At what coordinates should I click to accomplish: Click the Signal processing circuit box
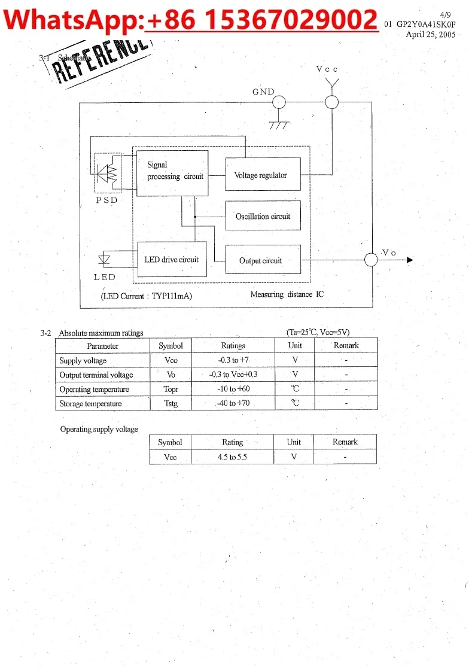point(172,173)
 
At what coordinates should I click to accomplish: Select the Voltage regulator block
point(263,174)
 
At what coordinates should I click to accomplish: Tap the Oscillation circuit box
point(263,215)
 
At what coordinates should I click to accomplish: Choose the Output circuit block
point(263,260)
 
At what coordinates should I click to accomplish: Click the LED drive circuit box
point(172,259)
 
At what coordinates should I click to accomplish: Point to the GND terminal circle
point(279,102)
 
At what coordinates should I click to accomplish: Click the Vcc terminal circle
point(332,102)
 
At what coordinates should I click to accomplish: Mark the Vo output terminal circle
point(372,260)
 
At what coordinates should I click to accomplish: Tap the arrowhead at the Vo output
point(410,260)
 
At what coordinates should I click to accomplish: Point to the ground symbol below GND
point(279,125)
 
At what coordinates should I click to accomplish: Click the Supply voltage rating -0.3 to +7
point(233,360)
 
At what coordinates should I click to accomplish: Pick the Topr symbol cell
point(171,389)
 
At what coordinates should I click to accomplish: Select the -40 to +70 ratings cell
point(233,403)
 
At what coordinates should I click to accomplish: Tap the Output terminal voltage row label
point(96,375)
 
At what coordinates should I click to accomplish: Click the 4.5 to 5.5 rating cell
point(232,457)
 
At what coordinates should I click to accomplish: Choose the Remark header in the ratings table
point(346,345)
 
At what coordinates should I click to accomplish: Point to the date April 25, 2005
point(431,34)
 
